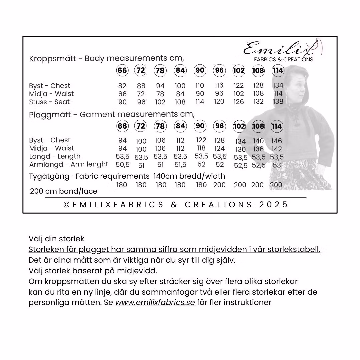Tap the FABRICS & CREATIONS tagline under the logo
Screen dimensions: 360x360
coord(283,60)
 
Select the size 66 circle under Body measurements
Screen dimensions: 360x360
coord(122,71)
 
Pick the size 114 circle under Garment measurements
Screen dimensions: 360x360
coord(277,126)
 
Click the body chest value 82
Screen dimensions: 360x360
coord(122,86)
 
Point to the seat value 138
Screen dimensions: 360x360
coord(278,102)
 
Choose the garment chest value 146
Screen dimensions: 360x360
coord(277,141)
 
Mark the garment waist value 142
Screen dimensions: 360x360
coord(277,149)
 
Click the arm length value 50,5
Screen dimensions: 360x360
coord(122,165)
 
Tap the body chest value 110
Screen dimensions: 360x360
coord(200,86)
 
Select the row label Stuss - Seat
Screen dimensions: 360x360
coord(49,102)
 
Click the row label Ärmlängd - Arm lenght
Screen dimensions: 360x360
coord(69,164)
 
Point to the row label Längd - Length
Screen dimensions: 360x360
coord(55,156)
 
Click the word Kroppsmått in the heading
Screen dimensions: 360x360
coord(52,59)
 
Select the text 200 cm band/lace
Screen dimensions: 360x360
coord(64,191)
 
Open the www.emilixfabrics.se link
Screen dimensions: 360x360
coord(155,303)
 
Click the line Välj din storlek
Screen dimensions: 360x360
coord(56,239)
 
